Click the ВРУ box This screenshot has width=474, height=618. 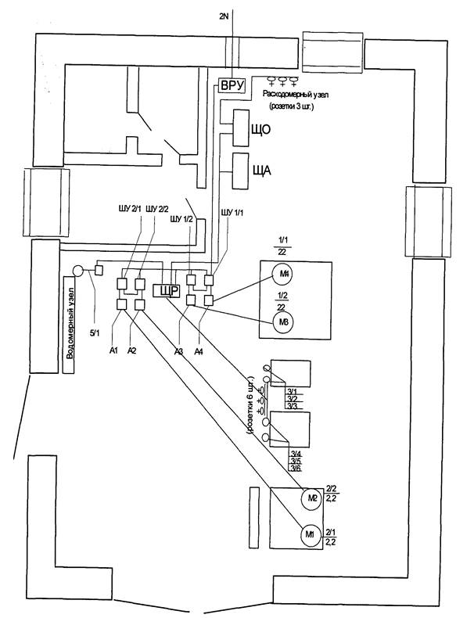tap(232, 84)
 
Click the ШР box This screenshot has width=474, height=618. tap(168, 292)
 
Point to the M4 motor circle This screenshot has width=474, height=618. tap(281, 273)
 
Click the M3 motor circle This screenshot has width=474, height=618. tap(281, 321)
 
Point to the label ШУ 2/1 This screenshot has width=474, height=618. tap(130, 208)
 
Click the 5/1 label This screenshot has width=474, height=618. tap(95, 335)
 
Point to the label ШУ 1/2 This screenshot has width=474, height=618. tap(182, 219)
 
